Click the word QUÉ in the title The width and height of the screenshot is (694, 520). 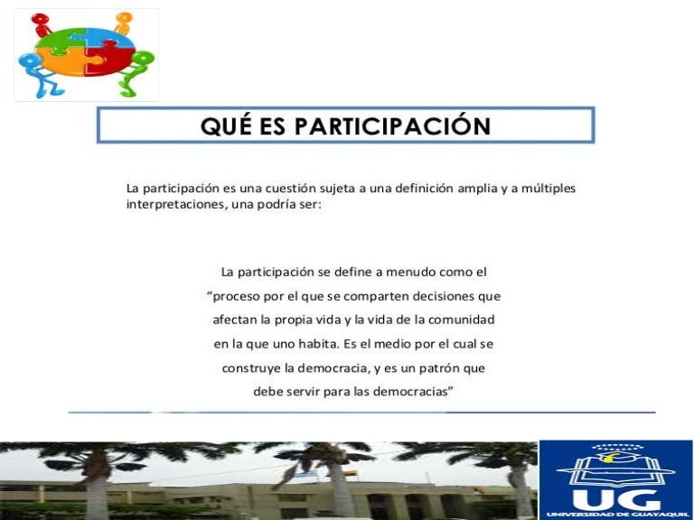pos(226,125)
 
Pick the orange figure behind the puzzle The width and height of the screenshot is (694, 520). pos(123,19)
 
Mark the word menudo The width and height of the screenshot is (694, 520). pos(416,272)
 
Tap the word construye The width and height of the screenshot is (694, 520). pos(249,368)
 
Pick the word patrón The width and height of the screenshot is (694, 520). pos(438,368)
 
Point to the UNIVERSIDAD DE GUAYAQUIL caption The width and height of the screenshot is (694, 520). pos(614,515)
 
